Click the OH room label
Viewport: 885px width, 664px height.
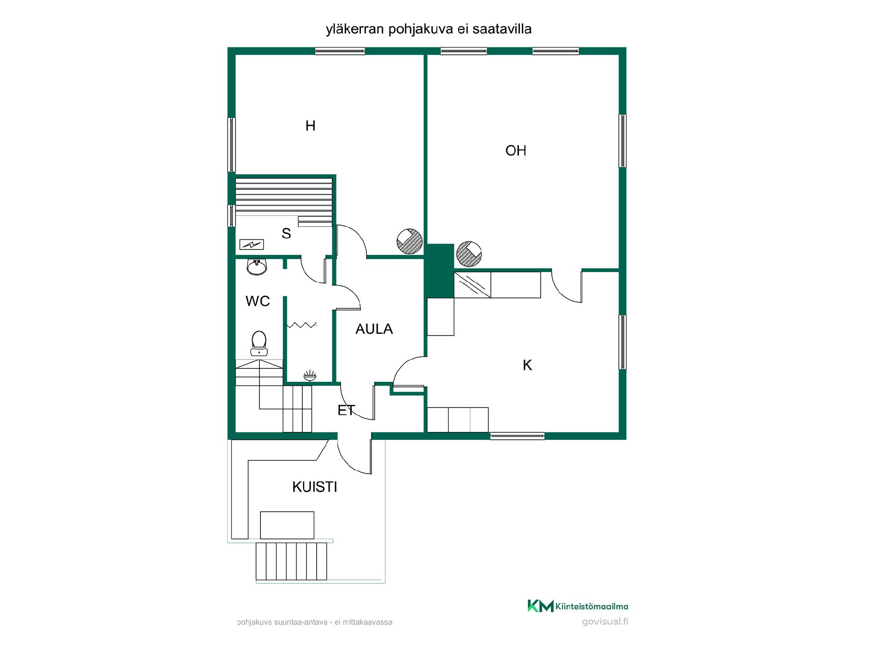pyautogui.click(x=516, y=151)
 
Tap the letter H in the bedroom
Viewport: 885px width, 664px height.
pyautogui.click(x=310, y=125)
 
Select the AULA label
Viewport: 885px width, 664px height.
pyautogui.click(x=374, y=329)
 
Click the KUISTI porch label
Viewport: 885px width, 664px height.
pyautogui.click(x=315, y=487)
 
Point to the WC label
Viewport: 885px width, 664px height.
pyautogui.click(x=258, y=301)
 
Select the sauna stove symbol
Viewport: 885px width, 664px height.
pyautogui.click(x=252, y=244)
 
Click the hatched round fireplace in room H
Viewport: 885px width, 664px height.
pyautogui.click(x=410, y=241)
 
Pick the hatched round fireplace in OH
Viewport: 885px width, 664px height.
pyautogui.click(x=469, y=254)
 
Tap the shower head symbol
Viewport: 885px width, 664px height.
pyautogui.click(x=310, y=376)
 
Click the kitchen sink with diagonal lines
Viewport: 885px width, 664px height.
pyautogui.click(x=472, y=285)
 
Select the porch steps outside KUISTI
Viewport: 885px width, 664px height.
pyautogui.click(x=291, y=561)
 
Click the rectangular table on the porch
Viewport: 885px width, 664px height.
pyautogui.click(x=287, y=525)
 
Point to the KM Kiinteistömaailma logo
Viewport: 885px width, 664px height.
pyautogui.click(x=578, y=606)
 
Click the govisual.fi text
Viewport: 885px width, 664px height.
pyautogui.click(x=605, y=622)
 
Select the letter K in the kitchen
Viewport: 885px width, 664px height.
pyautogui.click(x=527, y=365)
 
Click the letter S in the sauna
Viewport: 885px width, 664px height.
pyautogui.click(x=286, y=233)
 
